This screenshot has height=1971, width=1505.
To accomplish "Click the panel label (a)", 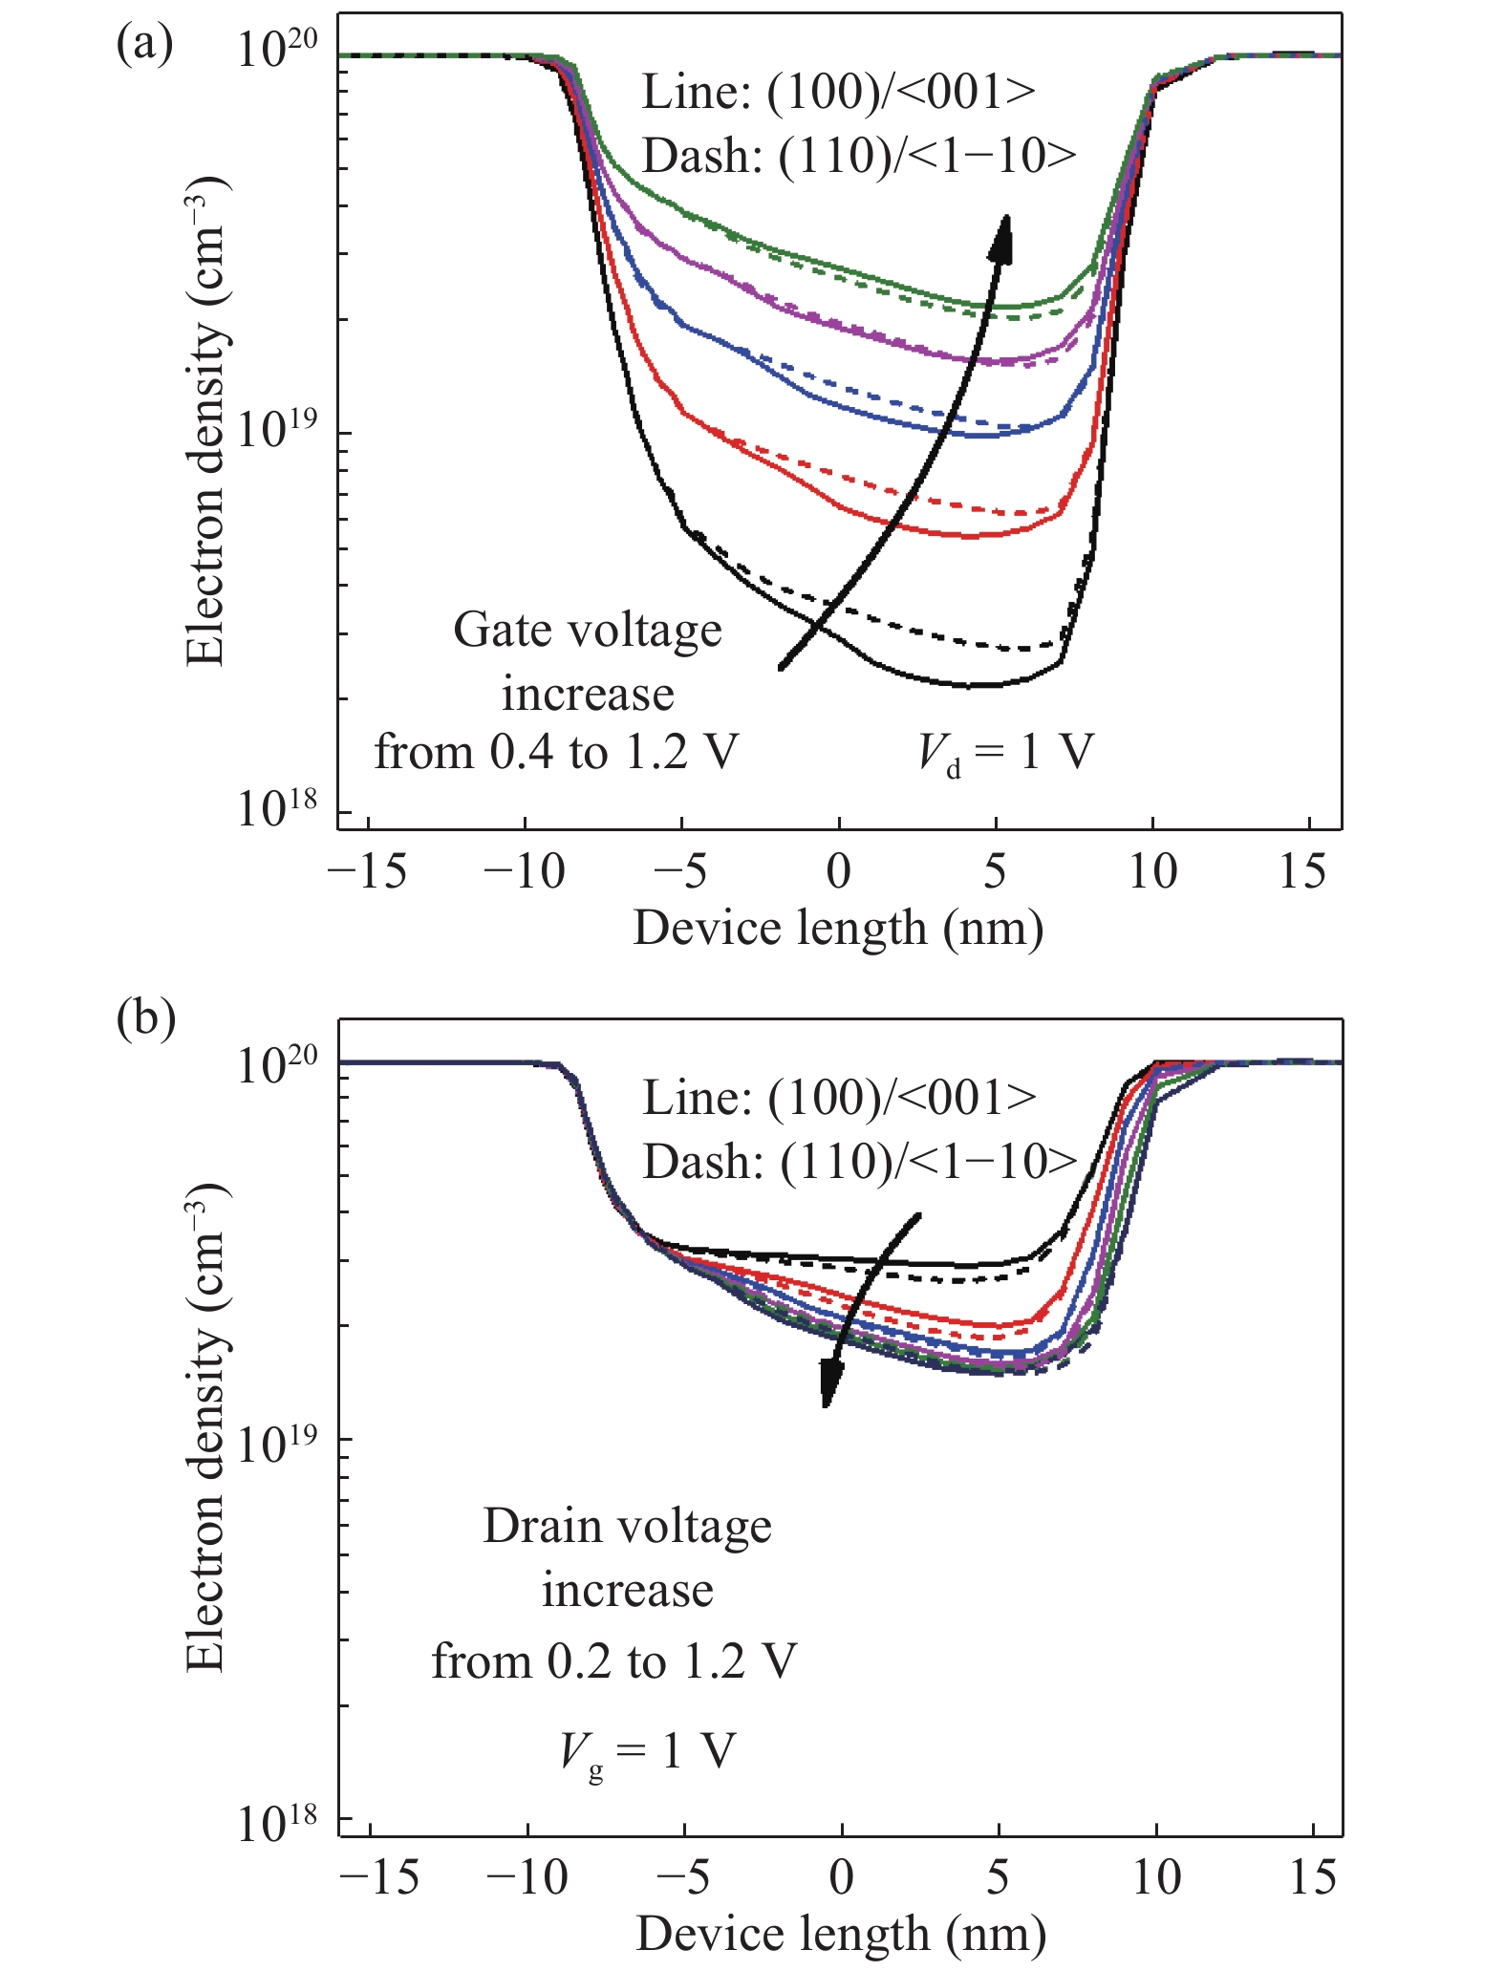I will (144, 45).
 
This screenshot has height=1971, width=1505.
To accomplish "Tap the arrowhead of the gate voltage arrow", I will (1000, 238).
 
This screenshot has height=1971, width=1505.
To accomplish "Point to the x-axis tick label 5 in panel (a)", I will (995, 870).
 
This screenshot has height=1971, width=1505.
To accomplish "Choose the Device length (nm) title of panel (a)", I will (838, 928).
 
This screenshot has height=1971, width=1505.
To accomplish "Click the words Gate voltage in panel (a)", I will (588, 631).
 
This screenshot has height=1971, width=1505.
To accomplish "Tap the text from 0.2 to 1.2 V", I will (613, 1661).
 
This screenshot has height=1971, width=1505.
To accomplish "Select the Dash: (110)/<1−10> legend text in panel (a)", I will (858, 156).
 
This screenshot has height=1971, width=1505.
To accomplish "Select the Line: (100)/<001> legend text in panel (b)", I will (839, 1098).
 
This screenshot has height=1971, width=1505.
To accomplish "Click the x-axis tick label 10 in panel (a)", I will (1152, 870).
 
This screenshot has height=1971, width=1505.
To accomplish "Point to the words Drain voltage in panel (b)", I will (627, 1526).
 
